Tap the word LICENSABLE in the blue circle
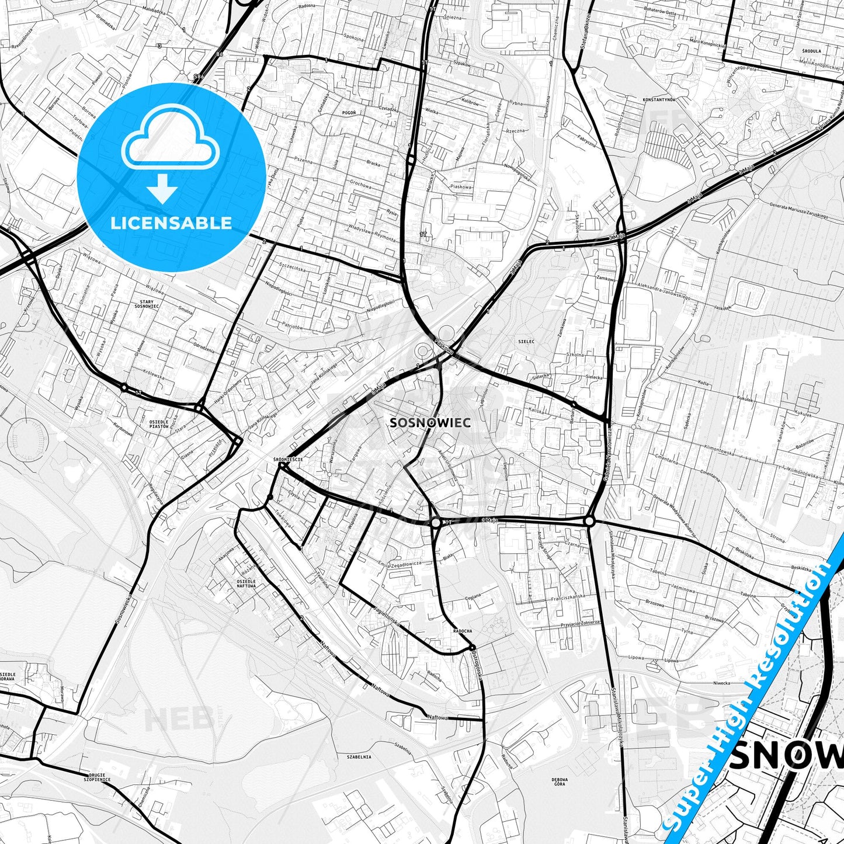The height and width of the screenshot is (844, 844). (x=171, y=223)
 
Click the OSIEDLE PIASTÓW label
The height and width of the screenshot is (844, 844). (x=159, y=424)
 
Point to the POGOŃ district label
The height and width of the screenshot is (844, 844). (x=349, y=112)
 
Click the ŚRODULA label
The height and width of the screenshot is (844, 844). (x=812, y=51)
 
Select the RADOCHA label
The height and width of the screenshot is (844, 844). (x=463, y=631)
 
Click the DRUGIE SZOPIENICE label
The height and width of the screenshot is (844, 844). (x=98, y=777)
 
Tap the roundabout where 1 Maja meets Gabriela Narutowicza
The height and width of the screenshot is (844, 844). (x=589, y=520)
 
